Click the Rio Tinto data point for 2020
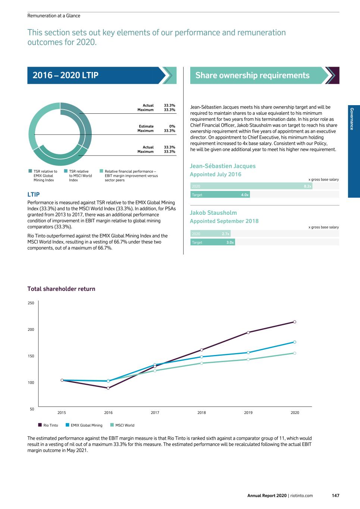point(295,322)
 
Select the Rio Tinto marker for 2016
point(108,388)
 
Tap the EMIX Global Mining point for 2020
point(295,342)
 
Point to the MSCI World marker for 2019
point(248,359)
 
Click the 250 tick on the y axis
point(31,303)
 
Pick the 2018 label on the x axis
point(201,413)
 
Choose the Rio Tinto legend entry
point(48,425)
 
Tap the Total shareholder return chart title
point(61,289)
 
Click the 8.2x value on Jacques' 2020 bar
point(307,186)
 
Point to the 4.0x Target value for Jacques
point(245,195)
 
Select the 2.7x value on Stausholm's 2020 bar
point(225,234)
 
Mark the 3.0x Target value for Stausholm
point(230,242)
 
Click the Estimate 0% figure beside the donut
point(172,126)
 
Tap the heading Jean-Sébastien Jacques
point(223,166)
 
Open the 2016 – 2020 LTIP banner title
point(66,75)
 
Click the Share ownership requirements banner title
point(252,75)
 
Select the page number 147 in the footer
point(335,496)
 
